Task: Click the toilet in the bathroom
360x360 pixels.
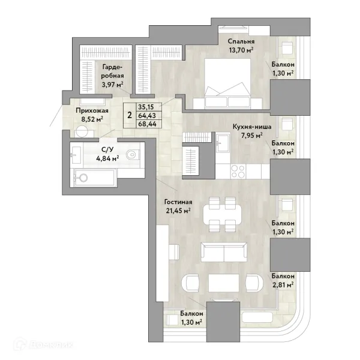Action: tap(133, 154)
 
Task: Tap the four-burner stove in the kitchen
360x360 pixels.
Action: tap(238, 171)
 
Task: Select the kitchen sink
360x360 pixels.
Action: tap(223, 143)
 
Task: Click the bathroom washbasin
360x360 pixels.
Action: tap(76, 155)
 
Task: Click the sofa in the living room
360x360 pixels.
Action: tap(224, 252)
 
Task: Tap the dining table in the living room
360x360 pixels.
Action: tap(222, 214)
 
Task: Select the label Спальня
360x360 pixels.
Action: tap(241, 41)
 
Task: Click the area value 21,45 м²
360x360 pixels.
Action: tap(179, 211)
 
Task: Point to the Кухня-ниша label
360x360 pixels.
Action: tap(252, 127)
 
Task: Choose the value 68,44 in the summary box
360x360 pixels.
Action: tap(148, 124)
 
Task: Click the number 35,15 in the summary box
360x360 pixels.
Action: tap(146, 107)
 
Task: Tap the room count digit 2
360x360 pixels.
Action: tap(130, 115)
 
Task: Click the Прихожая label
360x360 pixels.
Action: tap(92, 111)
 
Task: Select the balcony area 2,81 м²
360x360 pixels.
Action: tap(283, 285)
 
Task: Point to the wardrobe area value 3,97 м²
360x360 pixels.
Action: tap(113, 84)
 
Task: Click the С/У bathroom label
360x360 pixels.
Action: tap(107, 149)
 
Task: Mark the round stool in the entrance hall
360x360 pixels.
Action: tap(82, 132)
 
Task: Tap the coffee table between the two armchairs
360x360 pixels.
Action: tap(224, 283)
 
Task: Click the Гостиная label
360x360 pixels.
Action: tap(178, 202)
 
